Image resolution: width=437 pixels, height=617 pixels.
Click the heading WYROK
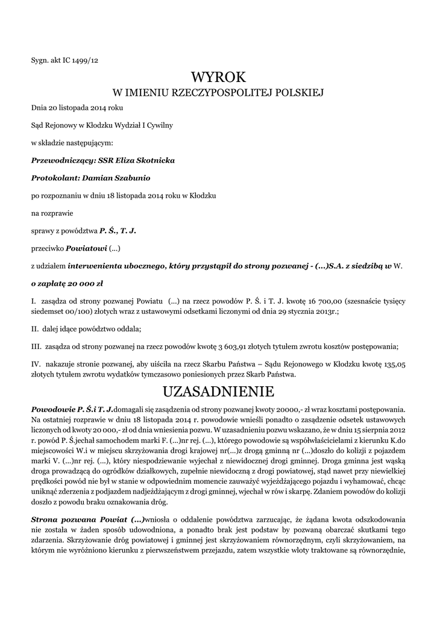click(218, 77)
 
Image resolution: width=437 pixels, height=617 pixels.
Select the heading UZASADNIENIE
click(218, 392)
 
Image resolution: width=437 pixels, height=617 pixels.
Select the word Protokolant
click(54, 178)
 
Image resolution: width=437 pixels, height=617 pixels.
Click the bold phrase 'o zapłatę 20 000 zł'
click(67, 282)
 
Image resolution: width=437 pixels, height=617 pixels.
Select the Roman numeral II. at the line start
click(34, 329)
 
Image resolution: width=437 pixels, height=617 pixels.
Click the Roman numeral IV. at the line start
click(36, 364)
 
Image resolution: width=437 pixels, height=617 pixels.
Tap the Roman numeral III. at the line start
click(36, 346)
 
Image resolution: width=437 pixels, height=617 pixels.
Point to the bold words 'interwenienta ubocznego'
click(115, 265)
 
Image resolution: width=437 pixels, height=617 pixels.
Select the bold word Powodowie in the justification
click(52, 409)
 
